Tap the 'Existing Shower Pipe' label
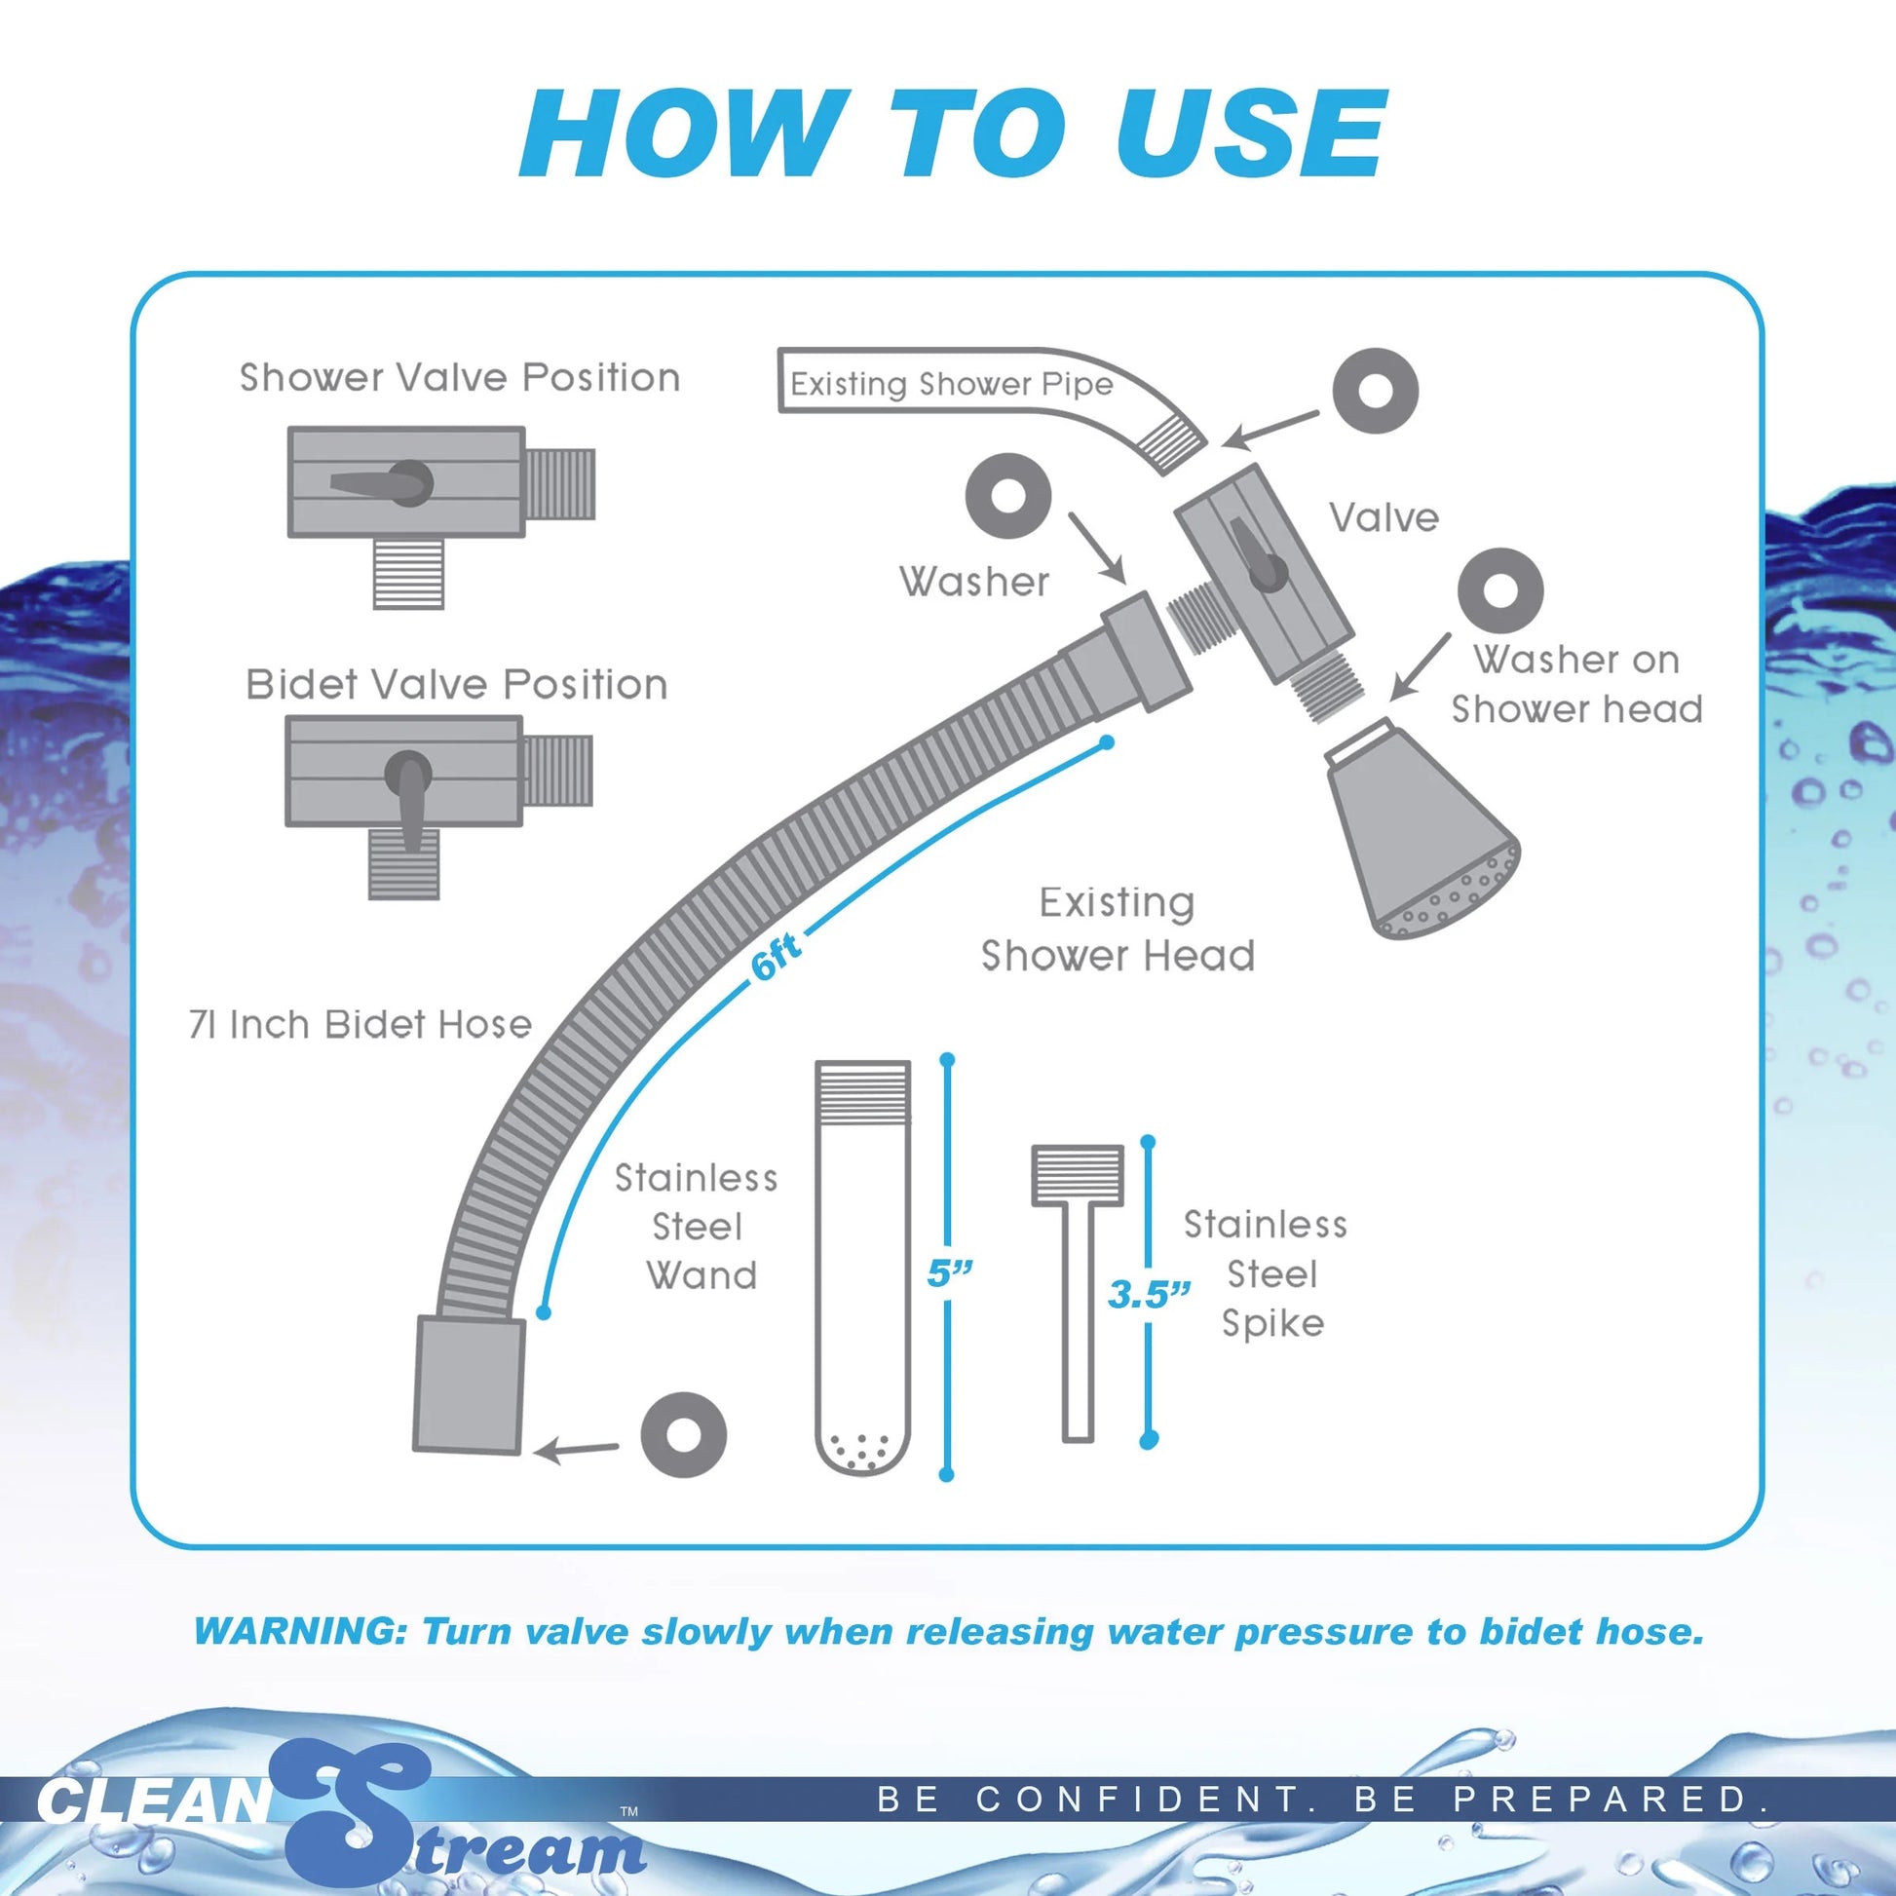coord(951,384)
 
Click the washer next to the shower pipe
coord(1375,391)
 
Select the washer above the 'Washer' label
coord(1007,496)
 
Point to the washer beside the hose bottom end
coord(683,1435)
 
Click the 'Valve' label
coord(1384,517)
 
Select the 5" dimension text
coord(949,1273)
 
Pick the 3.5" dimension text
coord(1148,1295)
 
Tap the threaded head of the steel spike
coord(1077,1176)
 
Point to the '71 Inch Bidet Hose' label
coord(360,1025)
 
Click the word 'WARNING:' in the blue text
coord(299,1631)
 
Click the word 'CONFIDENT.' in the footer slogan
coord(1144,1799)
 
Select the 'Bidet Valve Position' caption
coord(456,684)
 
